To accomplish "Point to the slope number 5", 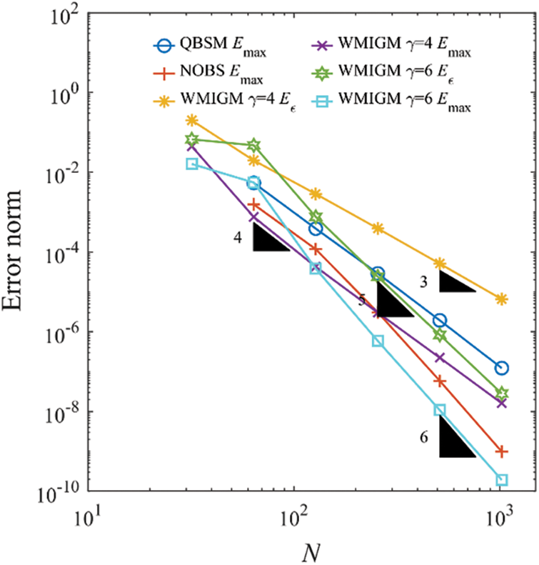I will click(x=363, y=299).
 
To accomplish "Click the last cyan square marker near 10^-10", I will click(x=502, y=480).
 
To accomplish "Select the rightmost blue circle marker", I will click(x=502, y=368).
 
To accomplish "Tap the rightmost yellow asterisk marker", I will click(x=502, y=299).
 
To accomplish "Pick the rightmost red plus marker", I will click(x=502, y=451).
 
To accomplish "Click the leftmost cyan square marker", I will click(x=191, y=164).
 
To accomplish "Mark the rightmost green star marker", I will click(x=502, y=393).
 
